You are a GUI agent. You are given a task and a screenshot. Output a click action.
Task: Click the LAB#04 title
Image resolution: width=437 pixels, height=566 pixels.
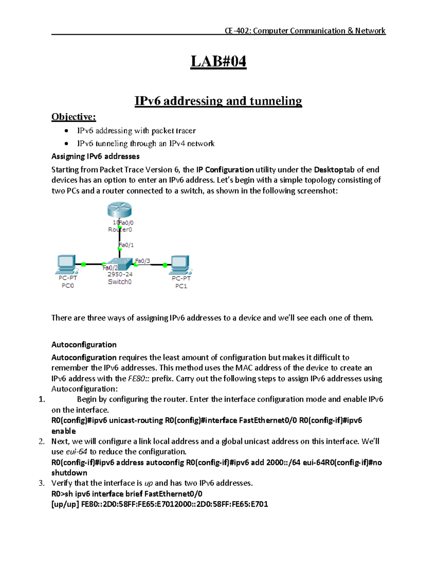[x=219, y=61]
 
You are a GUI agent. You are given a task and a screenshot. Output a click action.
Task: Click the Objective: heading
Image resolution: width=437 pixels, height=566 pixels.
[x=74, y=117]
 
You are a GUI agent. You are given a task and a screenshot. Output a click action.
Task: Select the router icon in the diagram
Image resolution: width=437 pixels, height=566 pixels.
[x=119, y=210]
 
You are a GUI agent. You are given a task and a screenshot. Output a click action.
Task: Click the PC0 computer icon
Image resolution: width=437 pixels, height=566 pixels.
[x=67, y=264]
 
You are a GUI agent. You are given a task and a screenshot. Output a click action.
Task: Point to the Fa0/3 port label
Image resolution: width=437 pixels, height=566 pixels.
[x=142, y=261]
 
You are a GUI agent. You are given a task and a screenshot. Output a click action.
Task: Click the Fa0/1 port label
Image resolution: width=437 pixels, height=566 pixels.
[x=126, y=245]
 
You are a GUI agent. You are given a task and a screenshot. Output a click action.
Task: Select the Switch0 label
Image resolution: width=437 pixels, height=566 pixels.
[x=119, y=282]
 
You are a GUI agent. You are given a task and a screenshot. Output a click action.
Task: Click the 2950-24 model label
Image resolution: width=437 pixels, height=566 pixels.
[x=120, y=274]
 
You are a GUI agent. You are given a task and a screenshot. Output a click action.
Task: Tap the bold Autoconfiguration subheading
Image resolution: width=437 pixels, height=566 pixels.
[x=84, y=344]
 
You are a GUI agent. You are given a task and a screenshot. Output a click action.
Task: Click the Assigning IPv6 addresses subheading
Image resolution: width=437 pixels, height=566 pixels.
[x=95, y=156]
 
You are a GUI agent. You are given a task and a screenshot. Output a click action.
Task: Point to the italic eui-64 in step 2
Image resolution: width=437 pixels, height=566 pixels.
[x=76, y=452]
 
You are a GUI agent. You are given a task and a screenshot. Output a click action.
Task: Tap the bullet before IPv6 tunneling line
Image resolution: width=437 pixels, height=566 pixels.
[x=66, y=144]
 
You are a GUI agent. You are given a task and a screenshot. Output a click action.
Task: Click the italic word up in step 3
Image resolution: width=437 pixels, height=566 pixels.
[x=149, y=483]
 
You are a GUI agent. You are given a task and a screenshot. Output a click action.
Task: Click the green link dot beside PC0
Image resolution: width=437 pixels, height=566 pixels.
[x=83, y=264]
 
